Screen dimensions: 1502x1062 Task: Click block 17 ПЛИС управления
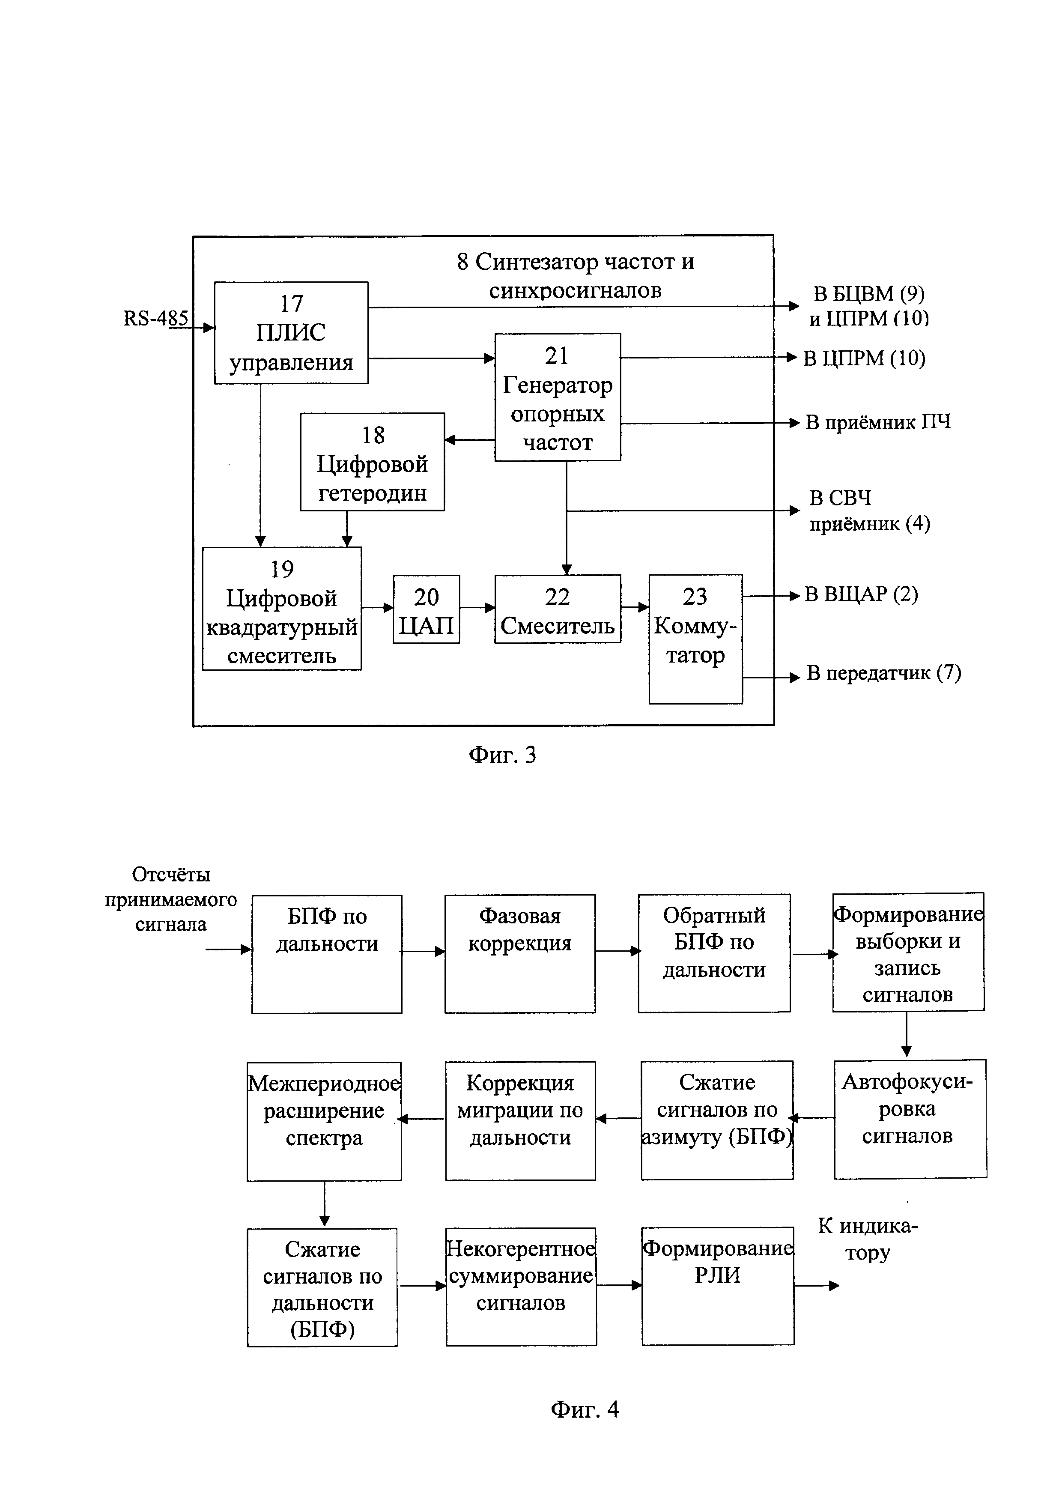[x=291, y=332]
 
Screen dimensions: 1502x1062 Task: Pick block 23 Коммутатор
[x=695, y=639]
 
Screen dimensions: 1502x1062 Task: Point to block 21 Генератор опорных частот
[x=557, y=397]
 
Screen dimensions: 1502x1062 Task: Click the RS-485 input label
[x=155, y=319]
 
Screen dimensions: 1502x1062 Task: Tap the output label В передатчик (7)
[x=883, y=673]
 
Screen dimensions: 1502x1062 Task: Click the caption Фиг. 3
[x=502, y=755]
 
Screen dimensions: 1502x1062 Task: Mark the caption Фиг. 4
[x=585, y=1409]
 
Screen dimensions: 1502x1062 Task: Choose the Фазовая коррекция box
[x=520, y=953]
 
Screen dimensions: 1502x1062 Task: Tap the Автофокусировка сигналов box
[x=910, y=1119]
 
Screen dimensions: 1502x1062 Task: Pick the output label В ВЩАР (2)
[x=861, y=594]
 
